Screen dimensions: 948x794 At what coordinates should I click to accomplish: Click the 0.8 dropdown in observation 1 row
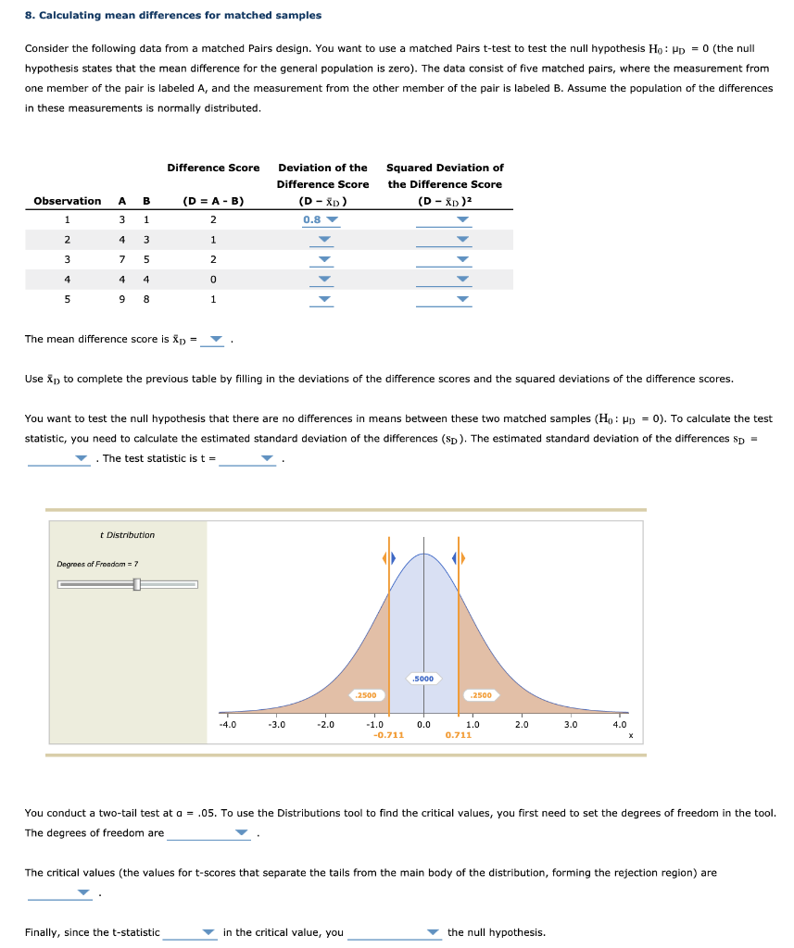(321, 220)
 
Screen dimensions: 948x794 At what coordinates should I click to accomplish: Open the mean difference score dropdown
(214, 339)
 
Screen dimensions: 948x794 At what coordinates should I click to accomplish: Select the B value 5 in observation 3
(145, 259)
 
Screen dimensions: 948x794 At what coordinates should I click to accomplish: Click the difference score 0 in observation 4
(213, 279)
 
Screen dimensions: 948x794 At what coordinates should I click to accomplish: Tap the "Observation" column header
(68, 201)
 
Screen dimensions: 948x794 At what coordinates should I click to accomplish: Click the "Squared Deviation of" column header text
(445, 168)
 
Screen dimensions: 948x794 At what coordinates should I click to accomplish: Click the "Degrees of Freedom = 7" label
(98, 564)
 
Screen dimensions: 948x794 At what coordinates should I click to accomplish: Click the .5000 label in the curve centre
(423, 679)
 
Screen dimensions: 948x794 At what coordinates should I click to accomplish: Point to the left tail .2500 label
(366, 694)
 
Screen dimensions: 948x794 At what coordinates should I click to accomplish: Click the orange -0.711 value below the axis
(387, 735)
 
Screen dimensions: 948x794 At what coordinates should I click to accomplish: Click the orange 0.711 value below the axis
(458, 735)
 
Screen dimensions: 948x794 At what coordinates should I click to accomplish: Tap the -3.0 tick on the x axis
(276, 725)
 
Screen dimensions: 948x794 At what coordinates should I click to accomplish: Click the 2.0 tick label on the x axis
(522, 725)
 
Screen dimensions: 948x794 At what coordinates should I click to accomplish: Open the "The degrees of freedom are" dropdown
(209, 833)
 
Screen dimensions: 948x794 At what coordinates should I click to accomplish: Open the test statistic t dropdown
(247, 458)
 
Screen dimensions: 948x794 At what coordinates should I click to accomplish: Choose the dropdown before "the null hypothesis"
(395, 932)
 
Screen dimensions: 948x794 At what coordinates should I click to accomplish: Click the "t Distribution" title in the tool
(127, 535)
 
